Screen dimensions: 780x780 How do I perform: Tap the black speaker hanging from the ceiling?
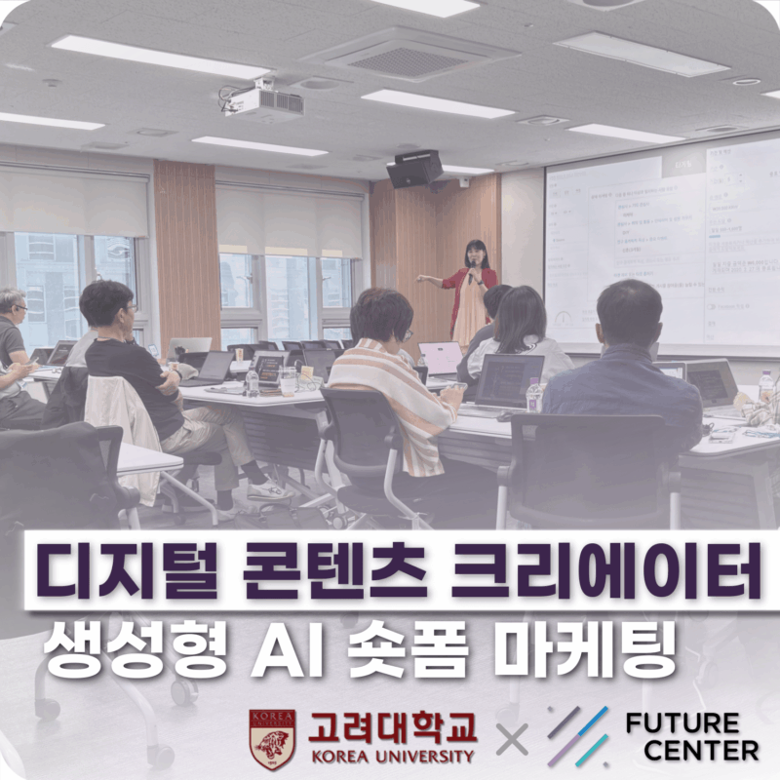click(x=414, y=169)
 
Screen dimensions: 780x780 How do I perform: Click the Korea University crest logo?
click(x=272, y=740)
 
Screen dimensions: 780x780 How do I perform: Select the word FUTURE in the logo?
click(x=682, y=724)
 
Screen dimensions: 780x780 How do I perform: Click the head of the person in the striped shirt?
click(x=375, y=314)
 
